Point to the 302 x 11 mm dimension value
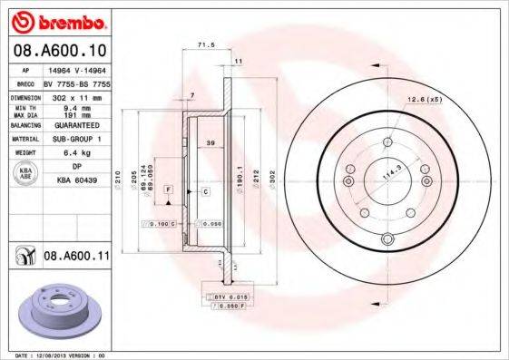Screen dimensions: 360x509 (76, 95)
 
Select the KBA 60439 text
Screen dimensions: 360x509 (76, 180)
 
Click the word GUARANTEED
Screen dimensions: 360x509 (76, 126)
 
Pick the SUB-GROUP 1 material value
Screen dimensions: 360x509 (76, 140)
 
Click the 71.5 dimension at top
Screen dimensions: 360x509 (206, 43)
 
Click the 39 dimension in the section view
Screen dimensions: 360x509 (210, 144)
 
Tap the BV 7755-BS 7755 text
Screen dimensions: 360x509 (78, 83)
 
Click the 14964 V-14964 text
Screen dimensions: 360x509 (76, 70)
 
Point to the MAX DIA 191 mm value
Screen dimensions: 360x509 (76, 115)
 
